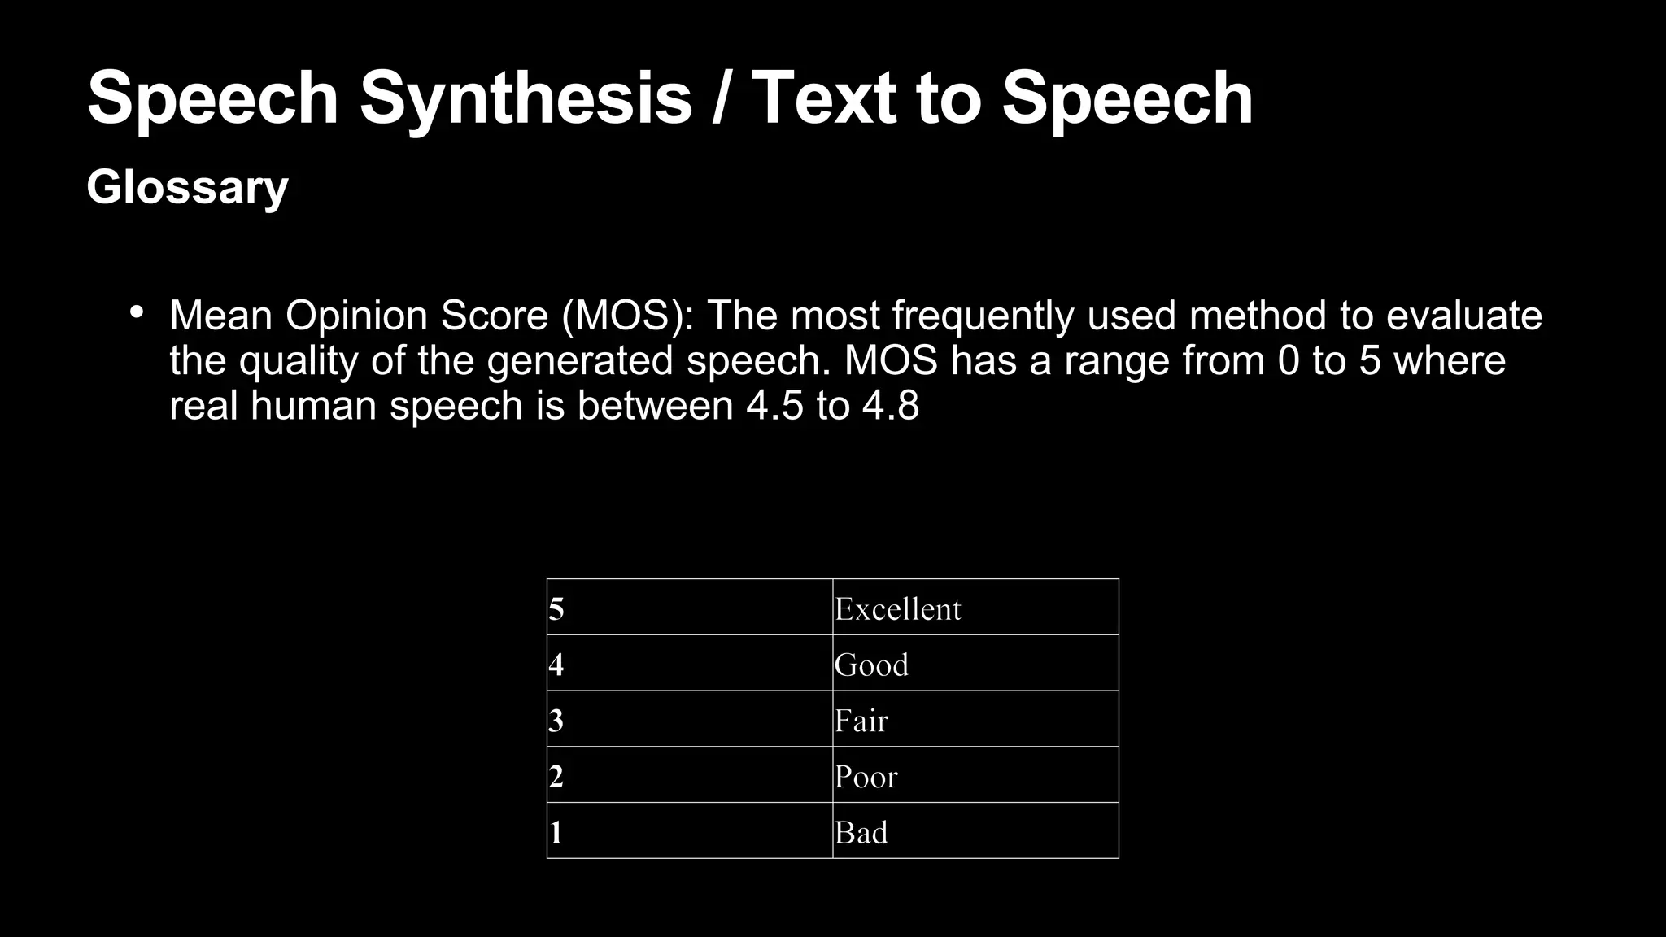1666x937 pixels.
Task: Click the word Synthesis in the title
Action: click(526, 98)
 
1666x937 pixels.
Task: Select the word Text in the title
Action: click(824, 98)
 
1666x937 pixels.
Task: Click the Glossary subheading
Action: click(187, 187)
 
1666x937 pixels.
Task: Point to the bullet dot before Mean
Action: click(137, 312)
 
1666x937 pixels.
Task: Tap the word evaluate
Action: click(1463, 316)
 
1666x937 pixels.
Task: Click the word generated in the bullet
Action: click(579, 361)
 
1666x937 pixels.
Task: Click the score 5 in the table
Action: click(556, 609)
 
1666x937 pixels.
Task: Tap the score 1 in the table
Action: click(556, 833)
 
